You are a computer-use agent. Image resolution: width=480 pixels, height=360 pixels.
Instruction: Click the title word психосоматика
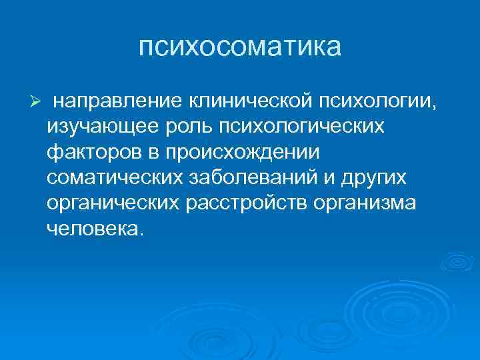point(240,47)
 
